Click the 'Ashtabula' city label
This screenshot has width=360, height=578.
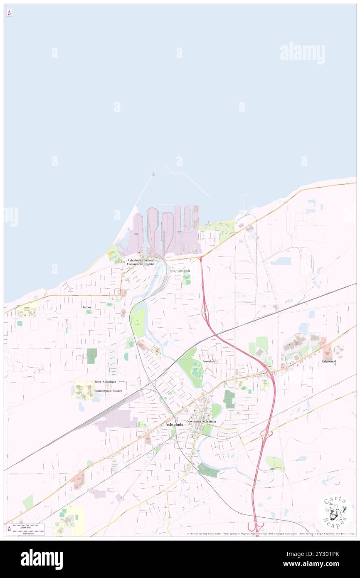point(174,424)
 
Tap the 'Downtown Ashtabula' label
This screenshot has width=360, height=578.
point(201,421)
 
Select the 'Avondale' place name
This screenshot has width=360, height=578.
point(209,361)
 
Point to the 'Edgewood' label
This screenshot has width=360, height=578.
point(329,361)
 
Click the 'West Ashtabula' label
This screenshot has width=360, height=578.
point(105,381)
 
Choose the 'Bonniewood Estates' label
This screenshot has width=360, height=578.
point(108,391)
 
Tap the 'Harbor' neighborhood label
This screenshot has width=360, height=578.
point(86,307)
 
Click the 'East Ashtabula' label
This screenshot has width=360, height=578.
point(180,271)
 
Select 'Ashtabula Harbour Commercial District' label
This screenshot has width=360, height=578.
point(141,262)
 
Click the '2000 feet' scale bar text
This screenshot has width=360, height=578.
point(28,526)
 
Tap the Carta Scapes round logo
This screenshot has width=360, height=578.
point(335,511)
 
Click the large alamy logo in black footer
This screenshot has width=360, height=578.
point(42,559)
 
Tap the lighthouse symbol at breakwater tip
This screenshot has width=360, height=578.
point(154,174)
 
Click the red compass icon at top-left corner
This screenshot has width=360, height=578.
point(9,13)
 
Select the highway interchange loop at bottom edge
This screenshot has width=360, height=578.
point(254,528)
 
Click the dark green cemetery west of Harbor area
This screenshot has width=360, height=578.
point(91,356)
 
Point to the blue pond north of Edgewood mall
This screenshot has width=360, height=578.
point(303,329)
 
